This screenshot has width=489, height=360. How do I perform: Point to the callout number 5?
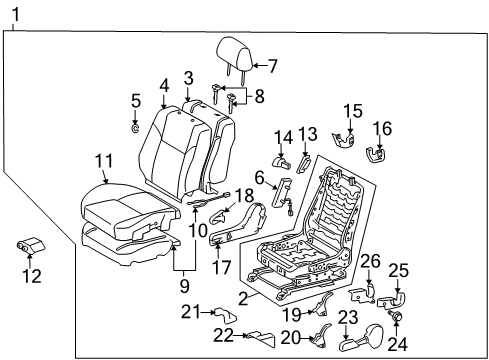(x=136, y=100)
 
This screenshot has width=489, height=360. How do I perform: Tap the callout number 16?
(x=383, y=128)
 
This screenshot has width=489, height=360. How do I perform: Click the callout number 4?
(x=163, y=86)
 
